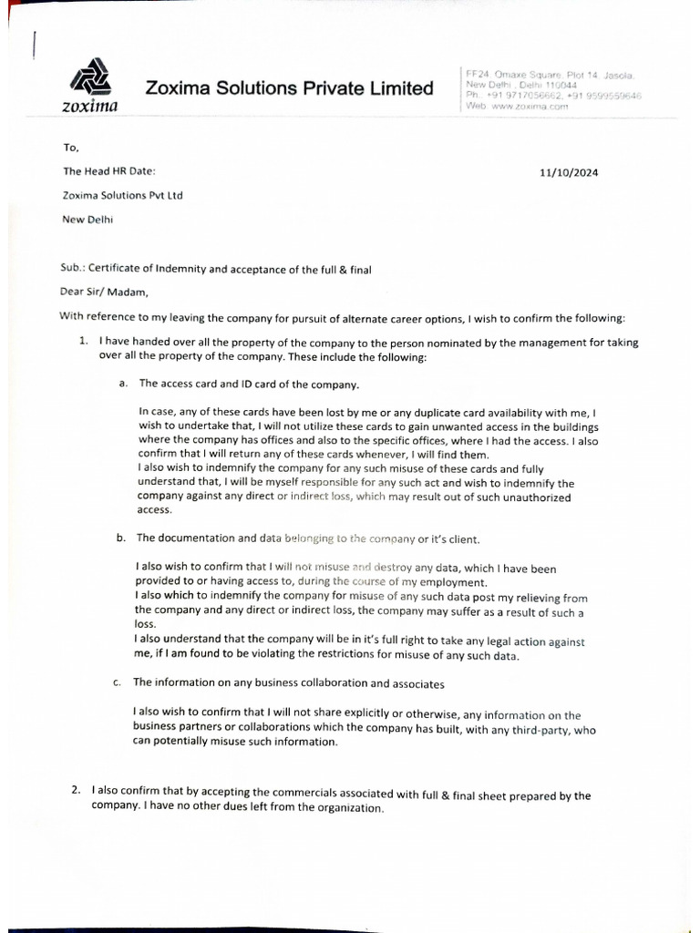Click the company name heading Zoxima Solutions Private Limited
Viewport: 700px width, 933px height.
[289, 88]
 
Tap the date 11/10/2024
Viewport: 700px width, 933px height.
[569, 172]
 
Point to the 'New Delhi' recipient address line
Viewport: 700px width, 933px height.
[87, 219]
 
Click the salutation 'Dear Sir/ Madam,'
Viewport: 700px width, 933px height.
[102, 292]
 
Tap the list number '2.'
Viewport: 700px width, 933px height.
[77, 793]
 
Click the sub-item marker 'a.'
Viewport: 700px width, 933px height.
[122, 384]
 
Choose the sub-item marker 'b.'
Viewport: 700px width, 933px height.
[121, 538]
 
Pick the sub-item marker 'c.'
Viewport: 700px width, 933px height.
[118, 682]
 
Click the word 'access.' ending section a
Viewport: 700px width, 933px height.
[154, 510]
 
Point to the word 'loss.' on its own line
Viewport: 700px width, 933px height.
[145, 625]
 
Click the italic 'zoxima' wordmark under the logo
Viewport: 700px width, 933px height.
[88, 107]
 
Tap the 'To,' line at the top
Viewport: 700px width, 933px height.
[70, 148]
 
